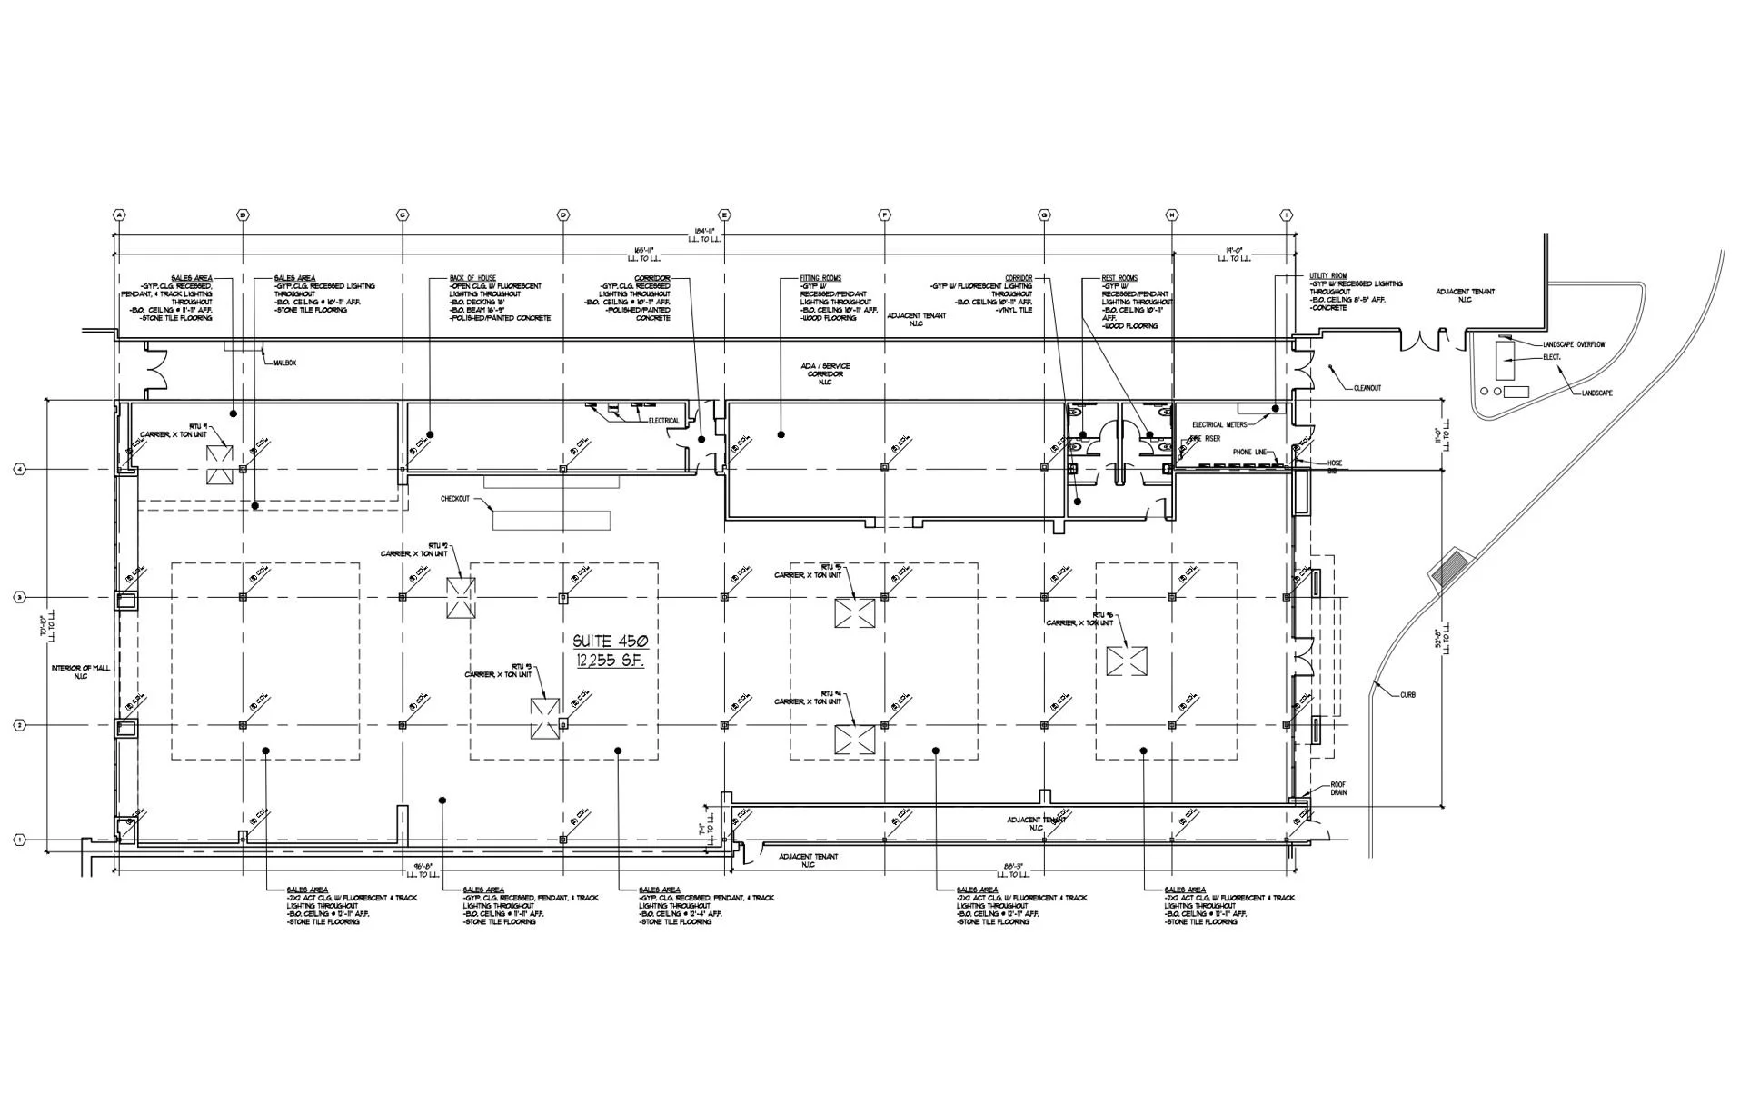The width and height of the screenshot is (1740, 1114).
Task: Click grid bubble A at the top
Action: point(117,215)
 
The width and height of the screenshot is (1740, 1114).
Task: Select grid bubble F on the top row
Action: point(884,215)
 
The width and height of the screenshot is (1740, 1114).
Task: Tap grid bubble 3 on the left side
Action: point(19,597)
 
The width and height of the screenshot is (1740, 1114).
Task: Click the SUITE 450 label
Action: point(610,642)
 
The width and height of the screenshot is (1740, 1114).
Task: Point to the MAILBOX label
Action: point(285,363)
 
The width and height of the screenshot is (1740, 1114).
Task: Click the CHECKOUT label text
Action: point(455,499)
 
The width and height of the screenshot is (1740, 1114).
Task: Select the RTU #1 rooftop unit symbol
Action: point(219,464)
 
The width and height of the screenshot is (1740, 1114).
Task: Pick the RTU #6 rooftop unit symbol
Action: point(1127,661)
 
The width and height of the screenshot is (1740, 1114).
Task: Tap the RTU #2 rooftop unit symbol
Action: point(461,598)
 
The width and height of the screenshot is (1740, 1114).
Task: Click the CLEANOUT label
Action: point(1367,388)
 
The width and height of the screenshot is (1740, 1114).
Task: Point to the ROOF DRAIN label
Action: point(1338,789)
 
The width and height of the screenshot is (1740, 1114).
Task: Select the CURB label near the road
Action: point(1406,695)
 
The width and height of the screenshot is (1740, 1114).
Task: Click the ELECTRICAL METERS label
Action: point(1219,424)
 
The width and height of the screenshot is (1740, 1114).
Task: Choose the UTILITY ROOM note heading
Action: point(1328,275)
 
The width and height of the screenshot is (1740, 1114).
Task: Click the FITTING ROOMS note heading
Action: point(820,278)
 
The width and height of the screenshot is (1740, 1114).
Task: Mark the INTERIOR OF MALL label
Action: point(81,672)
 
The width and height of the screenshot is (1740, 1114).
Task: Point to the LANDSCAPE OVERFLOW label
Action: point(1575,345)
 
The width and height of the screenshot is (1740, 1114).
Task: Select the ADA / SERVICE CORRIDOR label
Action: point(825,373)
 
